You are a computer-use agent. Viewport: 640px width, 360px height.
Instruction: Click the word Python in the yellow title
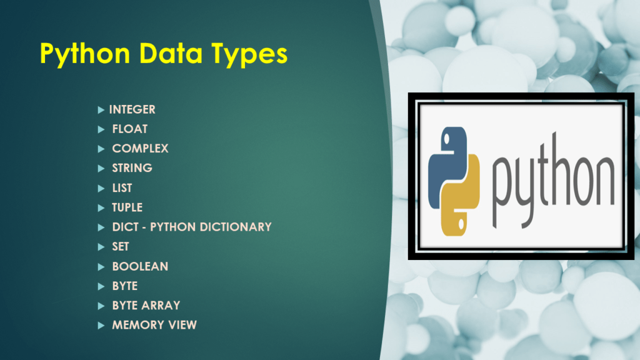click(85, 54)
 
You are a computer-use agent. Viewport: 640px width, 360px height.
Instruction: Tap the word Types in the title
click(246, 54)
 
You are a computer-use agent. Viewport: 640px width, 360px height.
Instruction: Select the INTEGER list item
click(132, 109)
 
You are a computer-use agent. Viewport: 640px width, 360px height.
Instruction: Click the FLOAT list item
click(130, 129)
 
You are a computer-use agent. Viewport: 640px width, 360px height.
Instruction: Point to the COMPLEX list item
click(140, 149)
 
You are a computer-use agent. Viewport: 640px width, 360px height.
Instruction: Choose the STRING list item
click(132, 168)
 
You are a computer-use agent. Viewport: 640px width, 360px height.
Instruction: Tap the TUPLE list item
click(127, 207)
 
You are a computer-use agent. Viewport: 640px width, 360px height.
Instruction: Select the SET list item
click(121, 247)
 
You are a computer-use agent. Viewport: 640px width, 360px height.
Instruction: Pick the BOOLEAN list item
click(140, 266)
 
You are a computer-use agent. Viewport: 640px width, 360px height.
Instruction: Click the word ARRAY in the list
click(159, 306)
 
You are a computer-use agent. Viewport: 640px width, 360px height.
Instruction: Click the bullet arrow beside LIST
click(101, 188)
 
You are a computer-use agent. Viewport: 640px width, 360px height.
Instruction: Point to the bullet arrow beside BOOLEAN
click(101, 266)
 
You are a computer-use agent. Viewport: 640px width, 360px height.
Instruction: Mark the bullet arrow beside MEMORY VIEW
click(101, 325)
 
